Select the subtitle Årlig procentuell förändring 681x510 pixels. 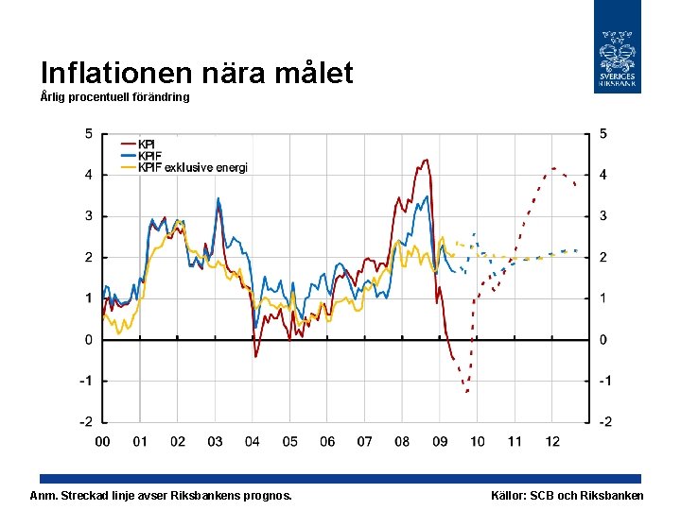[x=114, y=97]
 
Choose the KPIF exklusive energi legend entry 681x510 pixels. [x=193, y=167]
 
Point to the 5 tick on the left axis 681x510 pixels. [x=88, y=133]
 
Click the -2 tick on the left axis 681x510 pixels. [x=85, y=421]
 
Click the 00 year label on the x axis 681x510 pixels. [x=102, y=441]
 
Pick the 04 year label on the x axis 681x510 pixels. [x=253, y=441]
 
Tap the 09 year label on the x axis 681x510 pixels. [x=440, y=441]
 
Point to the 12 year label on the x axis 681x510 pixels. [x=552, y=441]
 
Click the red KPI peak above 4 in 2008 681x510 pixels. [x=426, y=160]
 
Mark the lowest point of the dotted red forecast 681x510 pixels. [x=467, y=391]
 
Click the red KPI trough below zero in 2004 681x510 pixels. [x=255, y=356]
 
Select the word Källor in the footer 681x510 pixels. [x=511, y=496]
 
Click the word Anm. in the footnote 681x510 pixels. [x=44, y=496]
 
